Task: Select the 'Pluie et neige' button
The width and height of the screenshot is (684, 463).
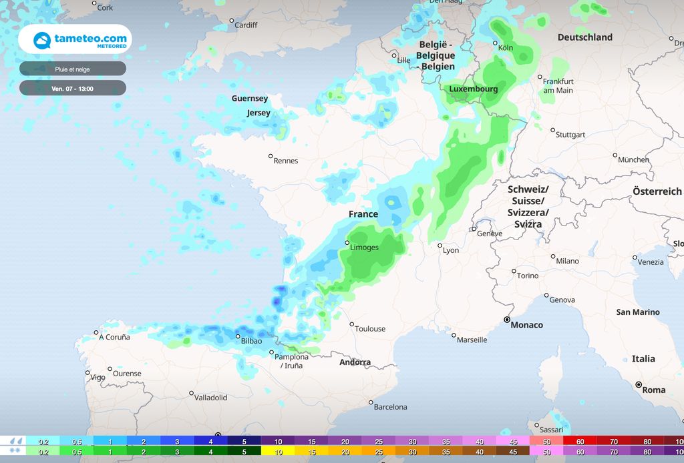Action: tap(73, 69)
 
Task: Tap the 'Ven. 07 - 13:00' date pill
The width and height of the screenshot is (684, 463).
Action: tap(73, 88)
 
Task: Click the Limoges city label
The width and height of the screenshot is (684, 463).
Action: tap(364, 248)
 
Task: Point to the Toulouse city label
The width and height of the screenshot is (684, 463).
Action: tap(370, 328)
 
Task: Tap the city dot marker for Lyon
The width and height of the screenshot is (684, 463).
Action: tap(440, 246)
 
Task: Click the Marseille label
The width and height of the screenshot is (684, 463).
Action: tap(472, 340)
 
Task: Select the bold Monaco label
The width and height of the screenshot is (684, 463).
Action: tap(526, 325)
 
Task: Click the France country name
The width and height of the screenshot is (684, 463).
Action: tap(363, 214)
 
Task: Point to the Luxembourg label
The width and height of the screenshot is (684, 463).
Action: tap(474, 89)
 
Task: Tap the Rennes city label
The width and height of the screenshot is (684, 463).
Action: tap(286, 161)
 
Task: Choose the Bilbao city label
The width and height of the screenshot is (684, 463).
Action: tap(251, 341)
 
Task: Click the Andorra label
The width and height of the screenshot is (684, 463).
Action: tap(355, 362)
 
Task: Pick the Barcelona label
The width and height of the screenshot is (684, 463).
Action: tap(390, 406)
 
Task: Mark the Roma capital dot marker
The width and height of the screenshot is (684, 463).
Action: tap(639, 384)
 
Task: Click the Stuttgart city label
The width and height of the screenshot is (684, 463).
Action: tap(570, 135)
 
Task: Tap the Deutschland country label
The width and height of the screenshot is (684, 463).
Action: tap(585, 37)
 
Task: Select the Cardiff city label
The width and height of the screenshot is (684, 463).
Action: tap(246, 25)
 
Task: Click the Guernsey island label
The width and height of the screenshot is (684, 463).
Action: tap(250, 98)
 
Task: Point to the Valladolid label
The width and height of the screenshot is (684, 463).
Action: tap(210, 398)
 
